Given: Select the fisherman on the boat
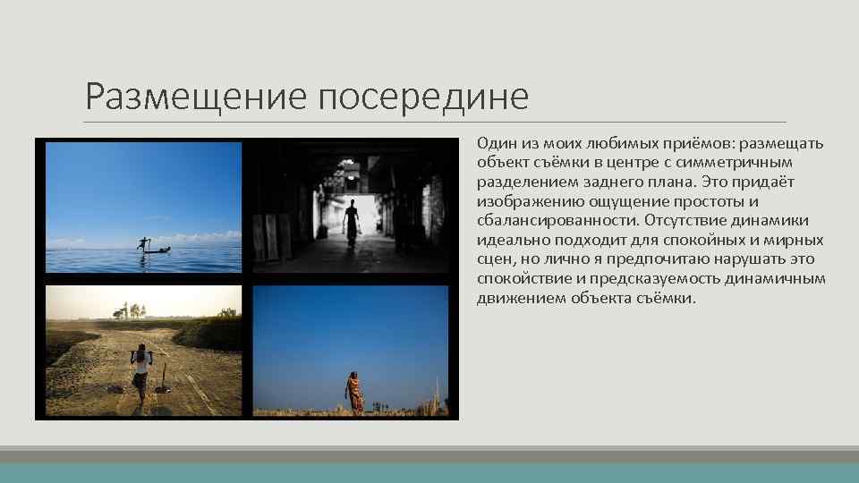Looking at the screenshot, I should pyautogui.click(x=143, y=244).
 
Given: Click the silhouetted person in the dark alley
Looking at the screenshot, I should pyautogui.click(x=352, y=222).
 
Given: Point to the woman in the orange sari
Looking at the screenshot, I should pyautogui.click(x=355, y=392).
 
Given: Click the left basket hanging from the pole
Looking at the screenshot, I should pyautogui.click(x=117, y=387).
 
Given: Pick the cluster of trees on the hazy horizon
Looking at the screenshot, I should pyautogui.click(x=132, y=310).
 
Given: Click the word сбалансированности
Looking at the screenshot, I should pyautogui.click(x=546, y=221).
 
